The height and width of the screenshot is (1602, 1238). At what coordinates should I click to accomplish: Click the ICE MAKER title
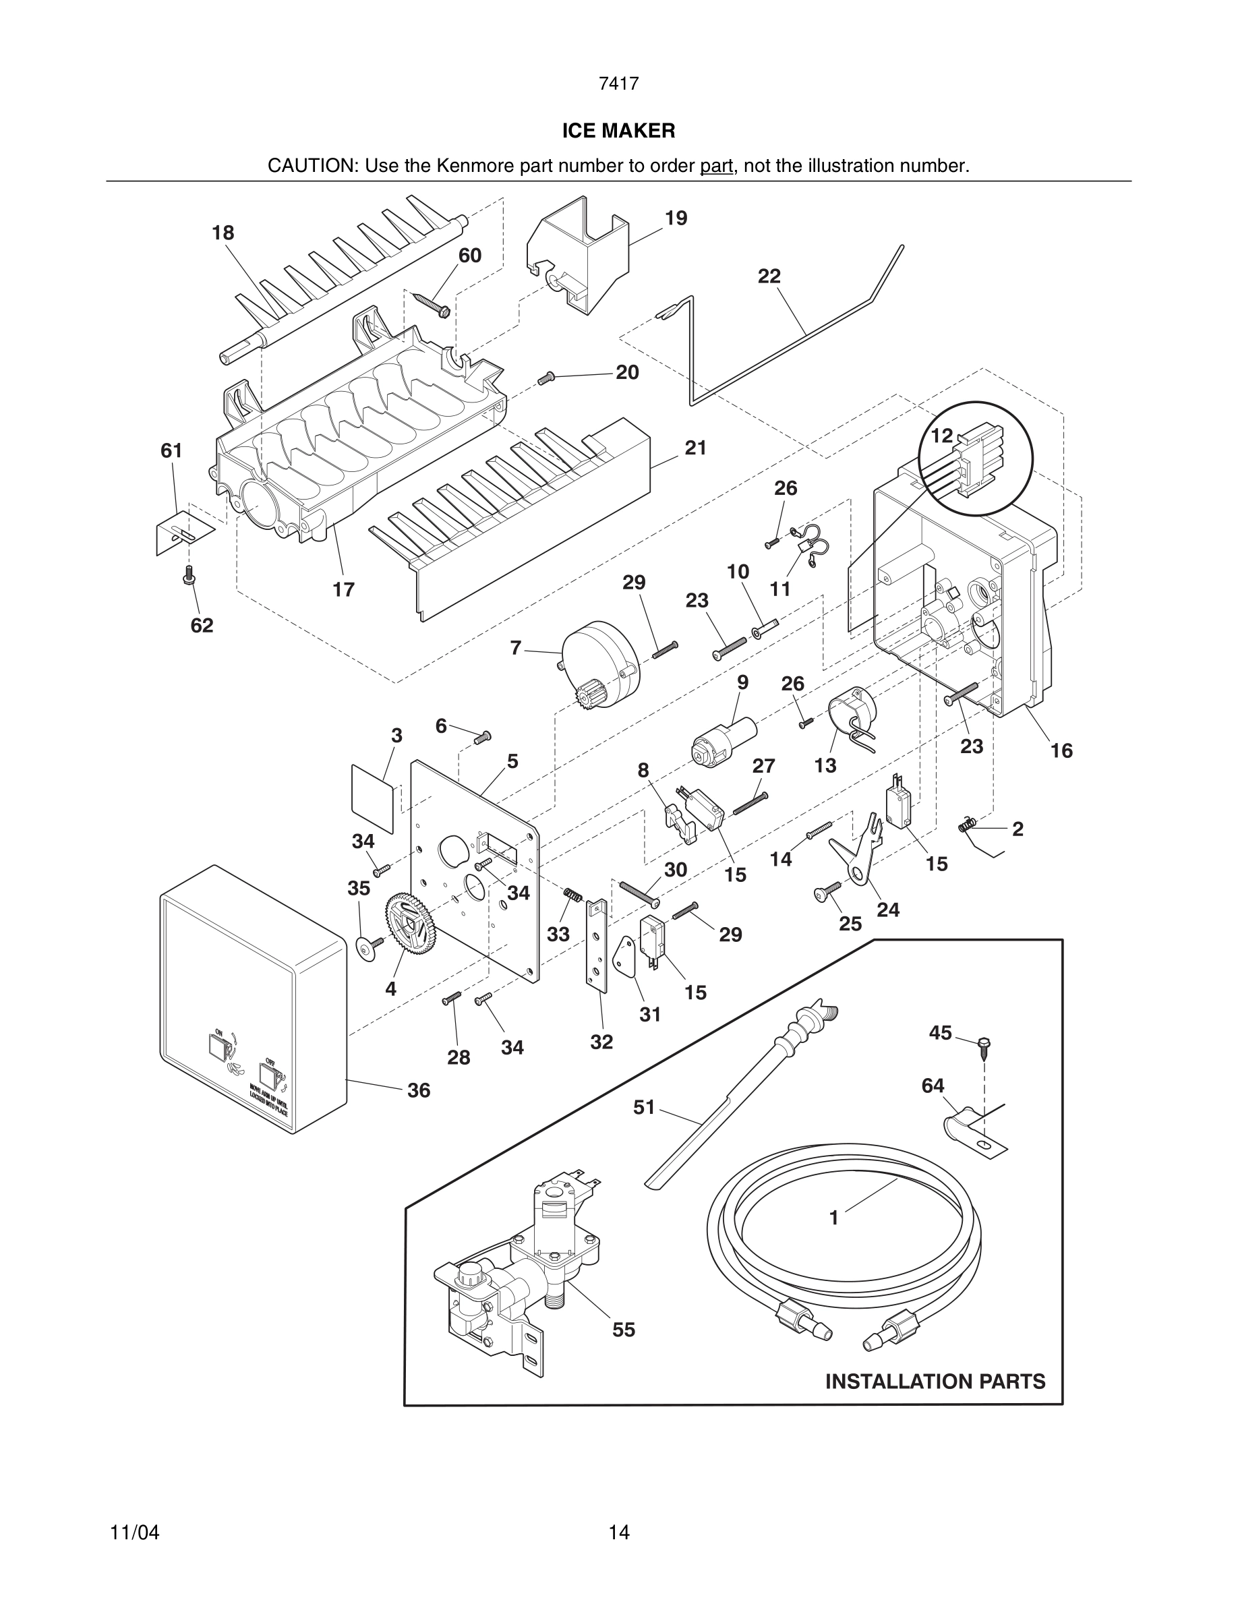618,131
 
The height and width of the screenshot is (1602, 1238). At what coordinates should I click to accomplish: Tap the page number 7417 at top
618,84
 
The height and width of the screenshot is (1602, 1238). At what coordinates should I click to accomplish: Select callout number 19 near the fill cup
676,218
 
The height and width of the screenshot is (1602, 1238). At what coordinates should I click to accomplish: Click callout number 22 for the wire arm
769,276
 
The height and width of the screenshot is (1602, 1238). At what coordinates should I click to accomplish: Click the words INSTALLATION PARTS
935,1382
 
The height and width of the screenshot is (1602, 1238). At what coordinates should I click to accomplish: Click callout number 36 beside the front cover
418,1090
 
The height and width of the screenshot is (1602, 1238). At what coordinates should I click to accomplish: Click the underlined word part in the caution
716,166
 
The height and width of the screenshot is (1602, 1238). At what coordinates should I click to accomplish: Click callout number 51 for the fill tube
644,1107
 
